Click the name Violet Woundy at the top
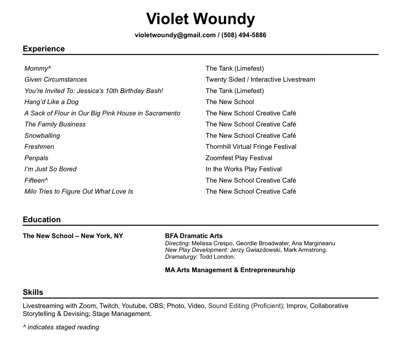[x=200, y=19]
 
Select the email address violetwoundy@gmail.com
[x=175, y=35]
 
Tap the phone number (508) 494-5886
[x=244, y=35]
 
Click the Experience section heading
[x=44, y=49]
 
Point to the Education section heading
[x=42, y=219]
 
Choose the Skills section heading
[x=33, y=292]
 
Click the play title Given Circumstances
[x=56, y=80]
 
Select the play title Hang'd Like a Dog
[x=51, y=102]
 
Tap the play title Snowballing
[x=42, y=136]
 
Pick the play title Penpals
[x=36, y=158]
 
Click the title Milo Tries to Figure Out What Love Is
[x=79, y=192]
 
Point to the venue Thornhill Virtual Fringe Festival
[x=251, y=147]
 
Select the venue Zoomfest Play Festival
[x=239, y=158]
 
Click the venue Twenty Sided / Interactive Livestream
[x=260, y=80]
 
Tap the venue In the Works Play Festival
[x=243, y=169]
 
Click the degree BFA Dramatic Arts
[x=194, y=236]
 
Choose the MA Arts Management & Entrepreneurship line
[x=230, y=270]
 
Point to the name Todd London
[x=217, y=257]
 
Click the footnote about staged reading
[x=61, y=327]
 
